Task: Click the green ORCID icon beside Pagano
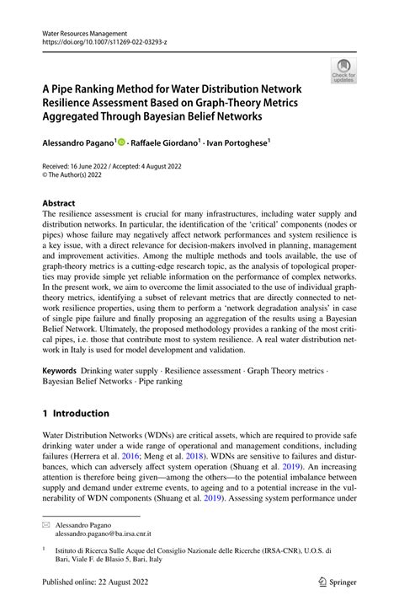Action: click(x=121, y=144)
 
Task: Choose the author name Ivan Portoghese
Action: click(x=238, y=144)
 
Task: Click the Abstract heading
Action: click(x=58, y=203)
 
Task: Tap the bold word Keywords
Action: click(x=60, y=371)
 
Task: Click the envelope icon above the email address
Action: click(x=47, y=523)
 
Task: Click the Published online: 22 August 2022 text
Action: click(x=99, y=582)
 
